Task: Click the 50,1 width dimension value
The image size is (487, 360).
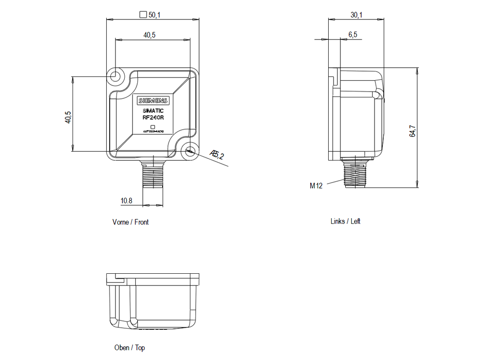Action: (x=154, y=15)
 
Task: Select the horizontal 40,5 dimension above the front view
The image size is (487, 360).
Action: (x=149, y=35)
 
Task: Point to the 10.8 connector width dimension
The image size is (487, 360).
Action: (x=127, y=200)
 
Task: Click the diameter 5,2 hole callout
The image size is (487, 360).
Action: (x=217, y=155)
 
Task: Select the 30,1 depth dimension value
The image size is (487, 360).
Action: (x=356, y=15)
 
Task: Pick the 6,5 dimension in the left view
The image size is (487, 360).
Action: (x=353, y=35)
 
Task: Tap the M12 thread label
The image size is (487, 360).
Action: (x=316, y=186)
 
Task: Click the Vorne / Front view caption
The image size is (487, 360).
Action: (x=131, y=222)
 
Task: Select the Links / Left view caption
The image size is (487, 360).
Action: (x=345, y=221)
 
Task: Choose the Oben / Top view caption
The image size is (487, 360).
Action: (x=130, y=347)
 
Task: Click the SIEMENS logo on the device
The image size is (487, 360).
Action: (x=152, y=101)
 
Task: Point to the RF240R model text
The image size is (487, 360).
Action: (x=153, y=117)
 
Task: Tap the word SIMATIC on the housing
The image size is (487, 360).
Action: (x=153, y=111)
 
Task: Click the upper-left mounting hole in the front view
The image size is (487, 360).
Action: (x=116, y=76)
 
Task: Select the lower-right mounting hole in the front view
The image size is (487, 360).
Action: (x=190, y=151)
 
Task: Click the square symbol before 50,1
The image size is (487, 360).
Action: (x=143, y=15)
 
